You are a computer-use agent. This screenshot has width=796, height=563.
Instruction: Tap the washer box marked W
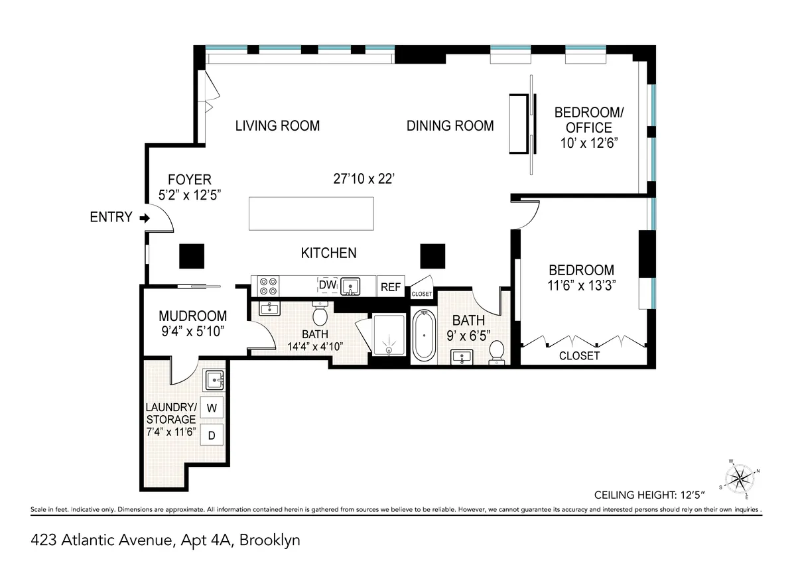point(212,408)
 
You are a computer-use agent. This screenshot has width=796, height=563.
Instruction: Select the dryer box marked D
point(212,436)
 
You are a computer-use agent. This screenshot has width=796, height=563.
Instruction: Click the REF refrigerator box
point(391,287)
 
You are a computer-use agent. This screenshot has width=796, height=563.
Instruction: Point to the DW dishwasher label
point(327,285)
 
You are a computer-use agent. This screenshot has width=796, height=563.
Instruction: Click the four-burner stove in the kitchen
point(268,286)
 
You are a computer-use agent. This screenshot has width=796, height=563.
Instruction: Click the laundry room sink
point(214,381)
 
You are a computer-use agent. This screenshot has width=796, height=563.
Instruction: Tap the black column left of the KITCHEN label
point(192,255)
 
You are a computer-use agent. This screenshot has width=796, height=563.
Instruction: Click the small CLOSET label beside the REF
point(422,294)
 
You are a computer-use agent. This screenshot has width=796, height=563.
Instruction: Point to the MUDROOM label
point(193,317)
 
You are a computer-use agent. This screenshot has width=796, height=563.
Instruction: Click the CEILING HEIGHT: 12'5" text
point(649,495)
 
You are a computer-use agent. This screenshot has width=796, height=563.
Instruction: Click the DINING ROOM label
point(450,125)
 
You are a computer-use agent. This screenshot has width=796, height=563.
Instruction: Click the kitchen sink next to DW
point(349,286)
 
